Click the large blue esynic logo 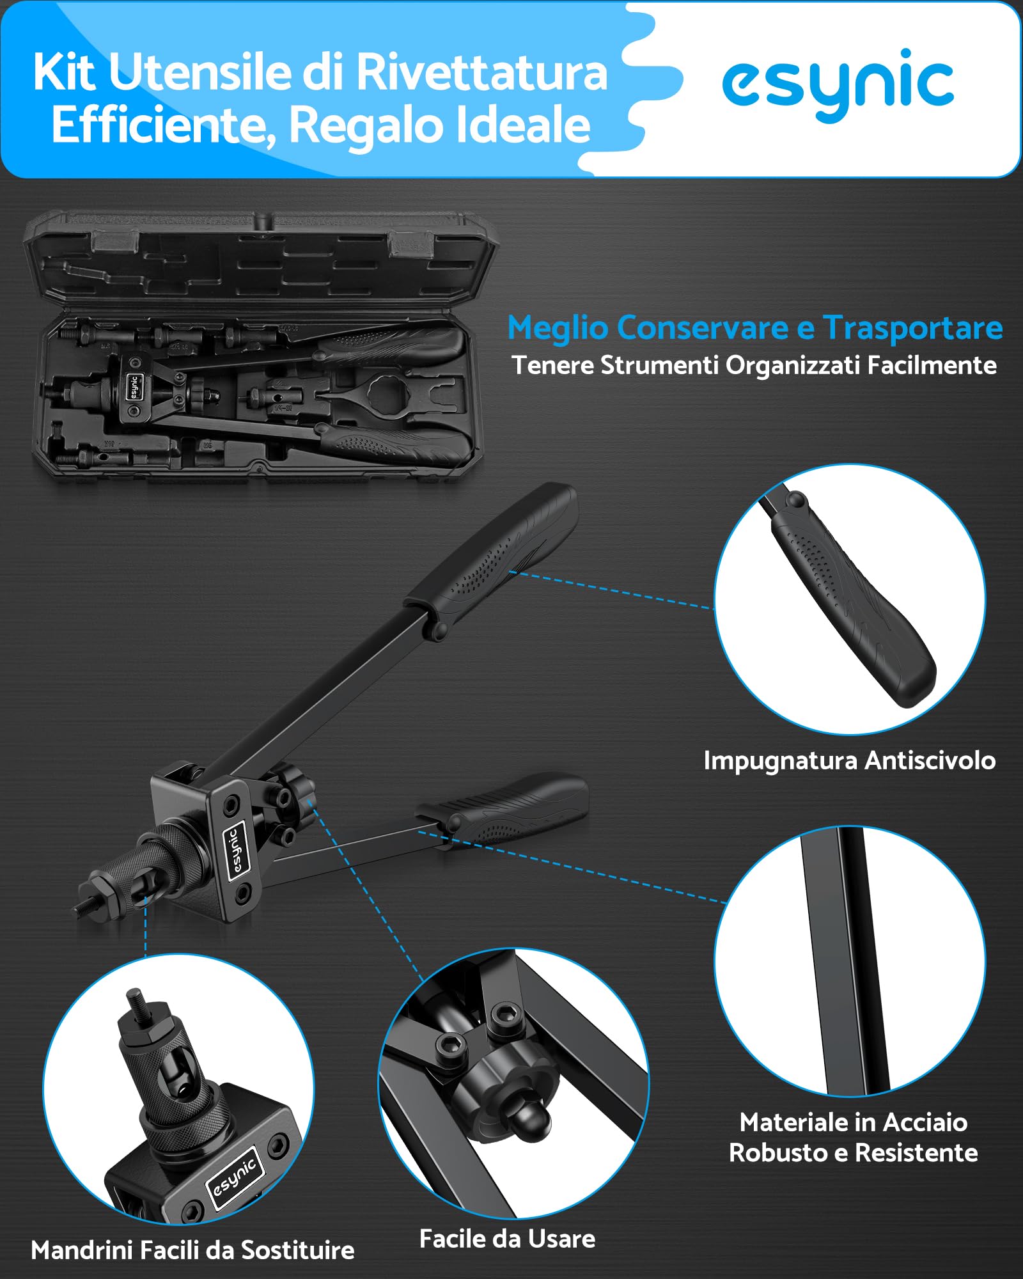coord(838,84)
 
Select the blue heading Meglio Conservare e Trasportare coord(755,328)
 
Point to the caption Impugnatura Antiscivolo coord(850,761)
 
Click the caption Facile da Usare coord(507,1239)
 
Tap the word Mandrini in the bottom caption coord(81,1250)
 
